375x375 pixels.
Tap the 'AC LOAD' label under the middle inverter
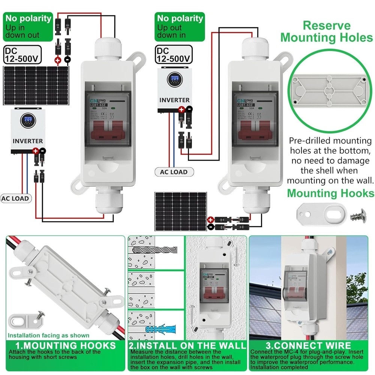pyautogui.click(x=173, y=172)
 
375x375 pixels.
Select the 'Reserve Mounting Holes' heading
pyautogui.click(x=327, y=31)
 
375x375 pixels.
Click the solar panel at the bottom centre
pyautogui.click(x=181, y=211)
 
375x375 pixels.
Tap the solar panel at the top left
pyautogui.click(x=36, y=85)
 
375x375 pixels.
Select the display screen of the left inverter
pyautogui.click(x=28, y=120)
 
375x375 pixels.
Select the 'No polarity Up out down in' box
pyautogui.click(x=180, y=27)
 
